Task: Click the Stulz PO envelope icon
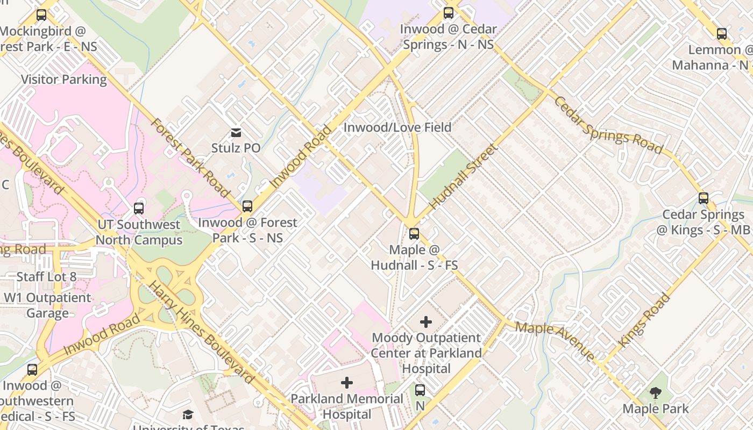coord(236,132)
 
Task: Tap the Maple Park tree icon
coord(655,393)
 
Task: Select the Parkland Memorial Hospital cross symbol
coord(347,383)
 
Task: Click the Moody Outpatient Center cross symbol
coord(425,322)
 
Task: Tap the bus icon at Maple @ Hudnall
coord(414,234)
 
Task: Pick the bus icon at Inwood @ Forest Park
coord(247,206)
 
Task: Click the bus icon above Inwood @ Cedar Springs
coord(448,13)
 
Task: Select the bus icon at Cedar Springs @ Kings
coord(703,198)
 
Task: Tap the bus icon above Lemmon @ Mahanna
coord(721,34)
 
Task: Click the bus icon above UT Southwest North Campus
coord(139,208)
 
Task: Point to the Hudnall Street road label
coord(462,177)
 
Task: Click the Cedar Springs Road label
coord(608,125)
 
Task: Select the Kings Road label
coord(644,320)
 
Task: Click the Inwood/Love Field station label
coord(397,127)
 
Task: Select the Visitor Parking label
coord(64,80)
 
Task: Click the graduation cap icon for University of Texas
coord(188,414)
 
